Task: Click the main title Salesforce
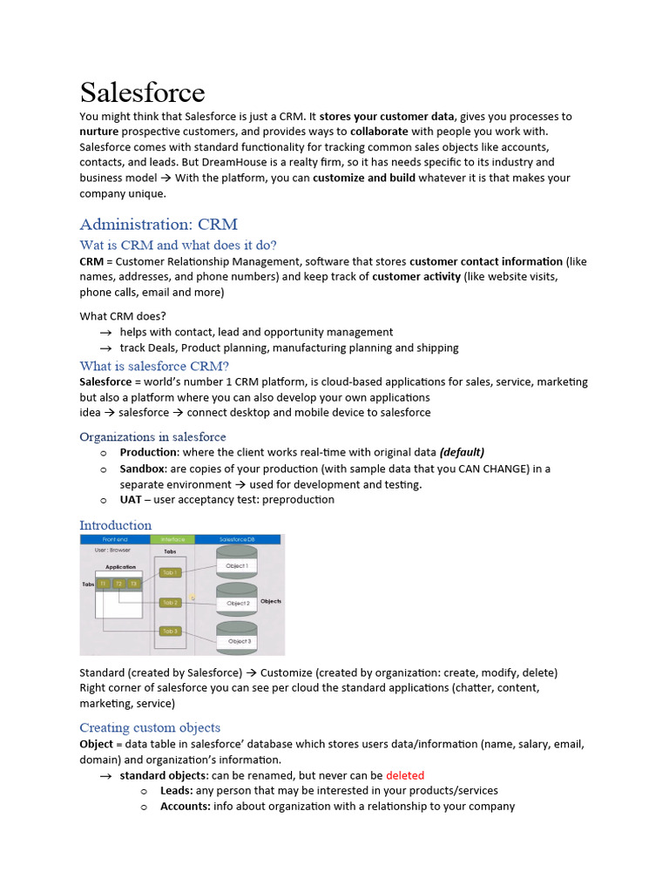[x=142, y=92]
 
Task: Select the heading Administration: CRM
[x=158, y=224]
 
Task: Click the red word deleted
[x=404, y=775]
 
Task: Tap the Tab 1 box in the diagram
[x=170, y=572]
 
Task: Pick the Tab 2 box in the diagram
[x=170, y=602]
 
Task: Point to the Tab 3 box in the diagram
[x=170, y=632]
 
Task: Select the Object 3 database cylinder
[x=238, y=639]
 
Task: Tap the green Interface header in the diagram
[x=172, y=540]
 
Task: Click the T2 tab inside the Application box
[x=118, y=584]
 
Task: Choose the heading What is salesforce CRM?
[x=154, y=366]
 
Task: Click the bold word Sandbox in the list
[x=142, y=469]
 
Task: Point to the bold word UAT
[x=132, y=500]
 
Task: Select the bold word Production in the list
[x=149, y=453]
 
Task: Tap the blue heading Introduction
[x=115, y=525]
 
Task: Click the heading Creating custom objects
[x=150, y=727]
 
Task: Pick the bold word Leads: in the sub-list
[x=176, y=791]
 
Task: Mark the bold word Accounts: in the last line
[x=185, y=807]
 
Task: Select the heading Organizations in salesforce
[x=152, y=436]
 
